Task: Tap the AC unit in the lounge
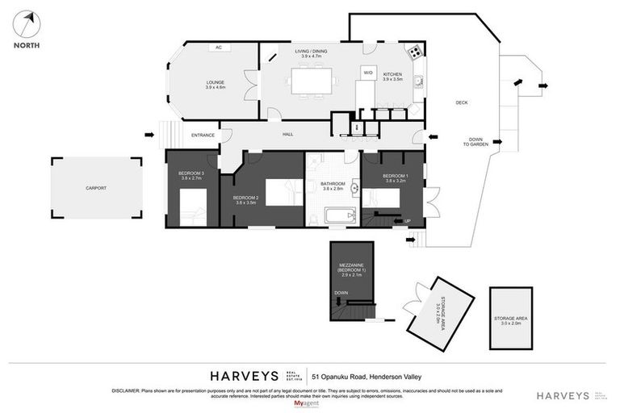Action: click(218, 48)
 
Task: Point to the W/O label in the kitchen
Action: click(368, 73)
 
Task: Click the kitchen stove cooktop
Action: click(413, 53)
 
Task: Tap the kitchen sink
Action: click(417, 81)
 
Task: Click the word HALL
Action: click(287, 135)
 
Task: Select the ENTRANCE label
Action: click(203, 135)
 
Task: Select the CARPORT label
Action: click(96, 188)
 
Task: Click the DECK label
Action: click(462, 102)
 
